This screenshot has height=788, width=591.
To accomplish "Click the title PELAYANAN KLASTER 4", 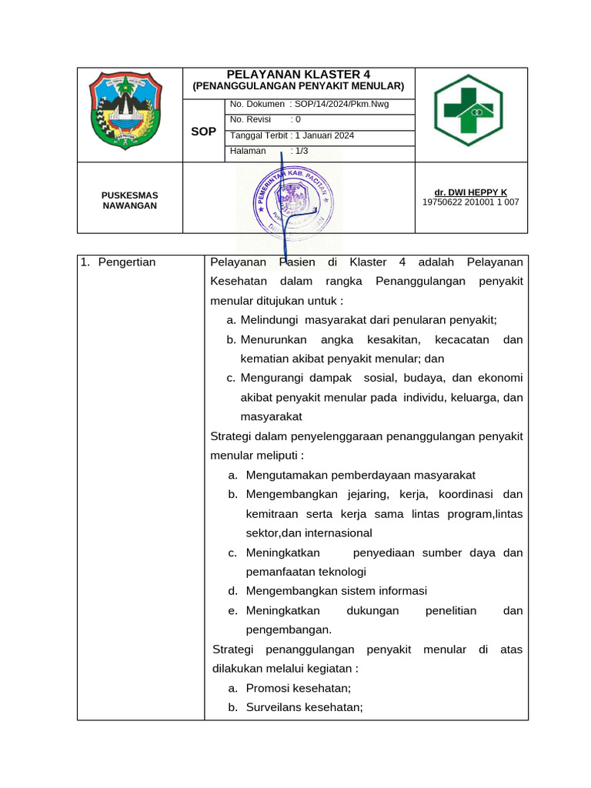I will pos(298,75).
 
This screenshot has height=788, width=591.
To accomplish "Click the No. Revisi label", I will pos(251,119).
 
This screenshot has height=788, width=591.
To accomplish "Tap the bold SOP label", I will pos(203,132).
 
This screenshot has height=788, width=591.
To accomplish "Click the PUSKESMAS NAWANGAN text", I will pos(130,200).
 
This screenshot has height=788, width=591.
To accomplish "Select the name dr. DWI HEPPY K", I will pos(470,192).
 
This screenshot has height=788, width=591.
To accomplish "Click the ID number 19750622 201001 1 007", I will pos(470,202).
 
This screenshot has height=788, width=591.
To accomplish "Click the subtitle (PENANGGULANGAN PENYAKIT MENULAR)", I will pos(298,87).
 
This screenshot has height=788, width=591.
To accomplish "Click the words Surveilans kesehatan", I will pos(304,706).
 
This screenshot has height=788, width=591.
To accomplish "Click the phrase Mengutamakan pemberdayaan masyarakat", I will pos(360,475).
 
